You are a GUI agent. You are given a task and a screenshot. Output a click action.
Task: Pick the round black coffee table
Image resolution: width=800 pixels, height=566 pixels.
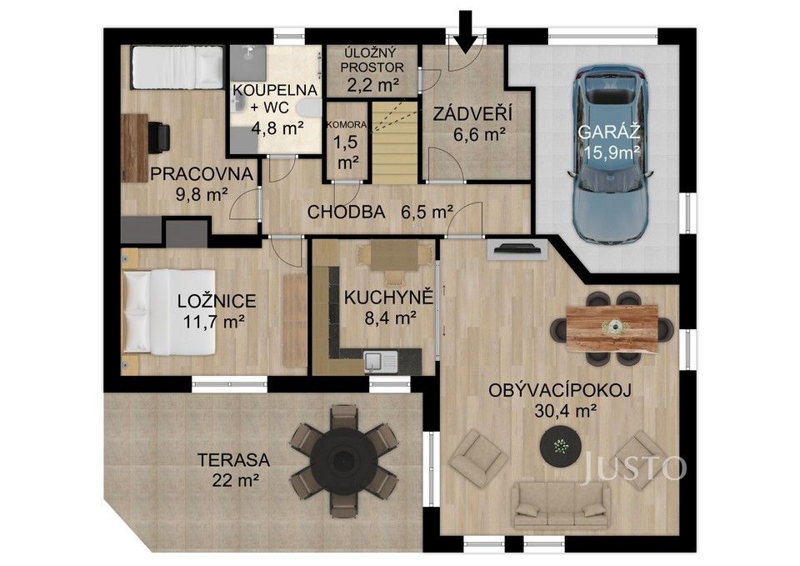(x=561, y=447)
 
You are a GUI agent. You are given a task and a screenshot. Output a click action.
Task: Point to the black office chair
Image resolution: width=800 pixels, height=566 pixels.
(x=157, y=137)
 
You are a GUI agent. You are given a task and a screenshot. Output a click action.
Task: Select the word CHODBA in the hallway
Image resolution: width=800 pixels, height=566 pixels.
(x=346, y=212)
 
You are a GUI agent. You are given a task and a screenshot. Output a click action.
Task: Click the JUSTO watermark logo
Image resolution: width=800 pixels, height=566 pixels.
(x=634, y=468)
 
